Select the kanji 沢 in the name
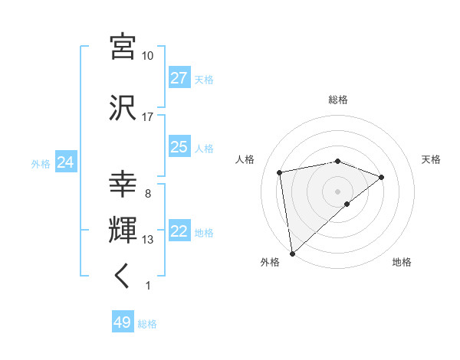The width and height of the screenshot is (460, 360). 123,108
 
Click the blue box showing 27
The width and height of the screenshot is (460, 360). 179,78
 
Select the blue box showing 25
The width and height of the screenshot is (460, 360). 179,147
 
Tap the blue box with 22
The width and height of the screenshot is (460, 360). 179,232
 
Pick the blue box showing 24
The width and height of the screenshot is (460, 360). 65,162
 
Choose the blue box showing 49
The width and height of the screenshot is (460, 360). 123,322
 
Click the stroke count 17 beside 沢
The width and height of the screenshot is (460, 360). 148,117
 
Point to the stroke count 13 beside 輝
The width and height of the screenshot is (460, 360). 148,240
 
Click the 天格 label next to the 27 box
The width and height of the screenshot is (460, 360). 204,79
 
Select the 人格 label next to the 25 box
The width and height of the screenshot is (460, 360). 204,148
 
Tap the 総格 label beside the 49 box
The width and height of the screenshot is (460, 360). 147,324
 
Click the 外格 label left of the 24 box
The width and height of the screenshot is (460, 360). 41,163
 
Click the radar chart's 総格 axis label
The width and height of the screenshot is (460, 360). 337,100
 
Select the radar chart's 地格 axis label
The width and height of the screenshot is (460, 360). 402,262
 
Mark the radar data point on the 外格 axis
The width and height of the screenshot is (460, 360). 291,253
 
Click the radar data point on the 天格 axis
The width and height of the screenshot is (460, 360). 381,177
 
